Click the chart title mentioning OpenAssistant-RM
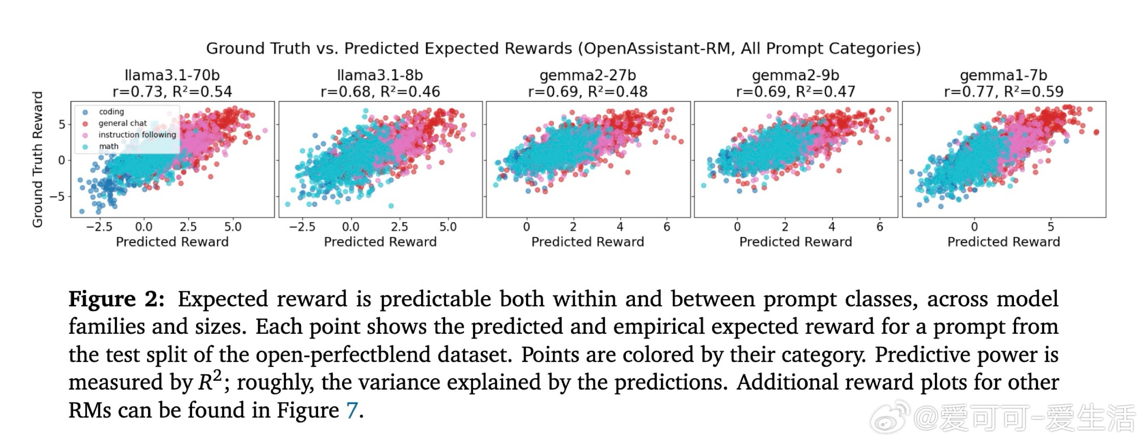[x=563, y=48]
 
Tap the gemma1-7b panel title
[x=1004, y=75]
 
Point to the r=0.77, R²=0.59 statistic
[x=1004, y=91]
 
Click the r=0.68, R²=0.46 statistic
[x=380, y=91]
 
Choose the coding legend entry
[x=111, y=112]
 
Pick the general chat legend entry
[x=122, y=123]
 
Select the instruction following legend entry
[x=137, y=135]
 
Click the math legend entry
[x=108, y=146]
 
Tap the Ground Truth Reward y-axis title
[x=38, y=159]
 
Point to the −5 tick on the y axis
[x=57, y=197]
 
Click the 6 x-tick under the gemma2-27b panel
[x=666, y=227]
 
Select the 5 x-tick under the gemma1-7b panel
[x=1051, y=227]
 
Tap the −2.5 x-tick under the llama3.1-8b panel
[x=302, y=227]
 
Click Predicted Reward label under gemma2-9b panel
[x=796, y=242]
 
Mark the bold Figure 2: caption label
[x=117, y=299]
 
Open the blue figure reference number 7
[x=351, y=410]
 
